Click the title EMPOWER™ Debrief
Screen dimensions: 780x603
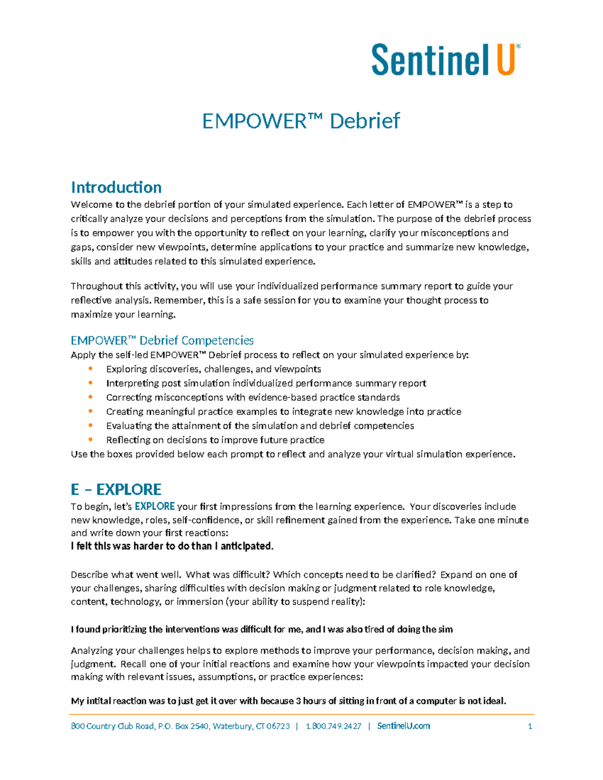click(300, 121)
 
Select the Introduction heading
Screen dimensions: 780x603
click(116, 187)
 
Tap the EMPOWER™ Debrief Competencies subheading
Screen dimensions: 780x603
click(162, 341)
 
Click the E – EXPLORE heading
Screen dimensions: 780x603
click(116, 489)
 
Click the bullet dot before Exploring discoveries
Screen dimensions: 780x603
click(90, 369)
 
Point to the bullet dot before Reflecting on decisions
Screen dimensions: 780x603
click(90, 439)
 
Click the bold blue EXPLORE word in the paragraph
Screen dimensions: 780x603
click(155, 506)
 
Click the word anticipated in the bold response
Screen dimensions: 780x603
click(247, 546)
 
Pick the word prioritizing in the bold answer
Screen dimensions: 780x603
click(124, 629)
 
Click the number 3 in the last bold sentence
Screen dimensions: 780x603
click(298, 701)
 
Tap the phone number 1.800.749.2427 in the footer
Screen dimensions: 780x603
click(334, 726)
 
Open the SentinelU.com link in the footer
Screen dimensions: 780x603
click(404, 726)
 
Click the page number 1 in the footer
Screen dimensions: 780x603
click(530, 726)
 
